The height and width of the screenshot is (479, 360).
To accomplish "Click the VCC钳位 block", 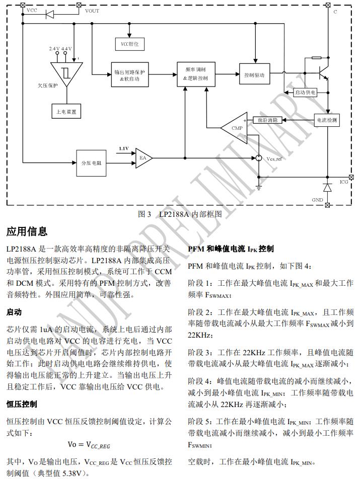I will (129, 45).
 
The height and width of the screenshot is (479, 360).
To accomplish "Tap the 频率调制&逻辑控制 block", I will (196, 74).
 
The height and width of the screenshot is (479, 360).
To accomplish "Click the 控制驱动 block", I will (254, 75).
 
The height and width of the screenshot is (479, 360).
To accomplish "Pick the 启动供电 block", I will (305, 93).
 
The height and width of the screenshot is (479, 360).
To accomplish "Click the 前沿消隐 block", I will (267, 120).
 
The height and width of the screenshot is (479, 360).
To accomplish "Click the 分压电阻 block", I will (91, 163).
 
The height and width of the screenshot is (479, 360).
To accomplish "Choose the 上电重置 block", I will (66, 111).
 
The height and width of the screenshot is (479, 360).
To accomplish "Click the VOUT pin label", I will (92, 11).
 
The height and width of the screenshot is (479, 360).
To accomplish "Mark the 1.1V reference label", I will (123, 149).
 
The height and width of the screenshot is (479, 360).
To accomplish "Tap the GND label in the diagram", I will (317, 200).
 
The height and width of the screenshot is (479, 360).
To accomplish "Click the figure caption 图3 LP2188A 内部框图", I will (180, 214).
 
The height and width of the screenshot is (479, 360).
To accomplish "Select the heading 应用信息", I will (27, 231).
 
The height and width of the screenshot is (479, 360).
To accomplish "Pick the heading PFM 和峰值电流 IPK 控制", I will (231, 249).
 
